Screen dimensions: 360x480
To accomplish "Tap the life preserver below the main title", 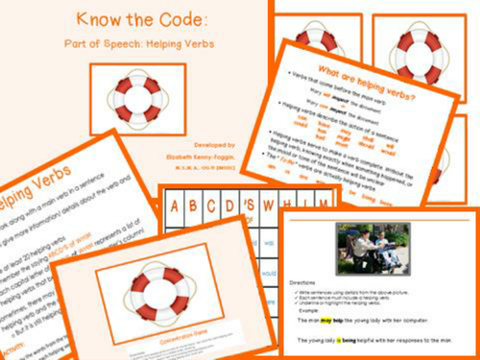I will [x=136, y=97].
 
